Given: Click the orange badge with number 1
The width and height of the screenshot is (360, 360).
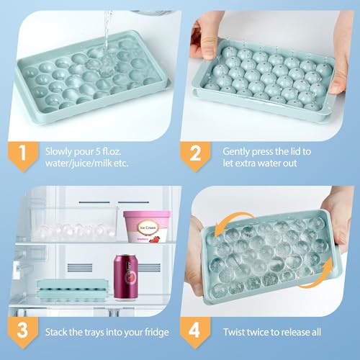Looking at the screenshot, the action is (x=23, y=156).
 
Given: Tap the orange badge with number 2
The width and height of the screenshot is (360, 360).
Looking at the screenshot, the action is (x=195, y=156).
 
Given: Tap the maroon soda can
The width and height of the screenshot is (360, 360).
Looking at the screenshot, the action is (x=126, y=277).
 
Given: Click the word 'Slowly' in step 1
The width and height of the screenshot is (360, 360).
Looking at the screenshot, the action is (x=58, y=152).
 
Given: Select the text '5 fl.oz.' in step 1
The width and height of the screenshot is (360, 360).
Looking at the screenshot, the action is (x=109, y=152).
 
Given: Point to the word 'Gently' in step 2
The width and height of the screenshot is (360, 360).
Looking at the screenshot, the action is (x=236, y=152).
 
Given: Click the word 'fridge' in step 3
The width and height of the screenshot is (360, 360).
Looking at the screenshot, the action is (x=157, y=333).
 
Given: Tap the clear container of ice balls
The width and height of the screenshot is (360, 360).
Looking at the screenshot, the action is (x=73, y=224).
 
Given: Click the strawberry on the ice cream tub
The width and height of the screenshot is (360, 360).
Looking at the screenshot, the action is (x=155, y=239).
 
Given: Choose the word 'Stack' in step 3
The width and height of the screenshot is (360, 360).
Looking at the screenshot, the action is (x=56, y=333).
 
